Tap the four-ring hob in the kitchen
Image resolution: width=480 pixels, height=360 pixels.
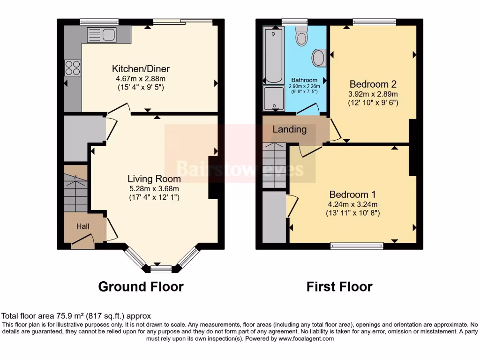click(73, 68)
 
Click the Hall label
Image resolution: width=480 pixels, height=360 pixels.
click(83, 226)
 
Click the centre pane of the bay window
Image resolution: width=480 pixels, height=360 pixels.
click(161, 268)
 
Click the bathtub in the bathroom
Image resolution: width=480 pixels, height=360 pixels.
click(273, 55)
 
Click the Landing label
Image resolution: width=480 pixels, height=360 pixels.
click(290, 129)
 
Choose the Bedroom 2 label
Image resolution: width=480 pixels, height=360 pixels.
click(373, 84)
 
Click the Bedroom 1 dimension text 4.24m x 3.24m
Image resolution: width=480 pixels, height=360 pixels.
click(353, 204)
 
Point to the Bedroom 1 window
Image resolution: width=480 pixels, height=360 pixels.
click(357, 245)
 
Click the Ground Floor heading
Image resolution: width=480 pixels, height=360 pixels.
click(141, 286)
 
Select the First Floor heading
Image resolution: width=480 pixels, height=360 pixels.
click(339, 286)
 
